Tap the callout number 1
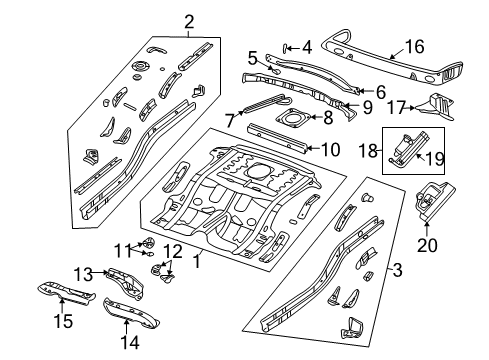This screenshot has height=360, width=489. [197, 263]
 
